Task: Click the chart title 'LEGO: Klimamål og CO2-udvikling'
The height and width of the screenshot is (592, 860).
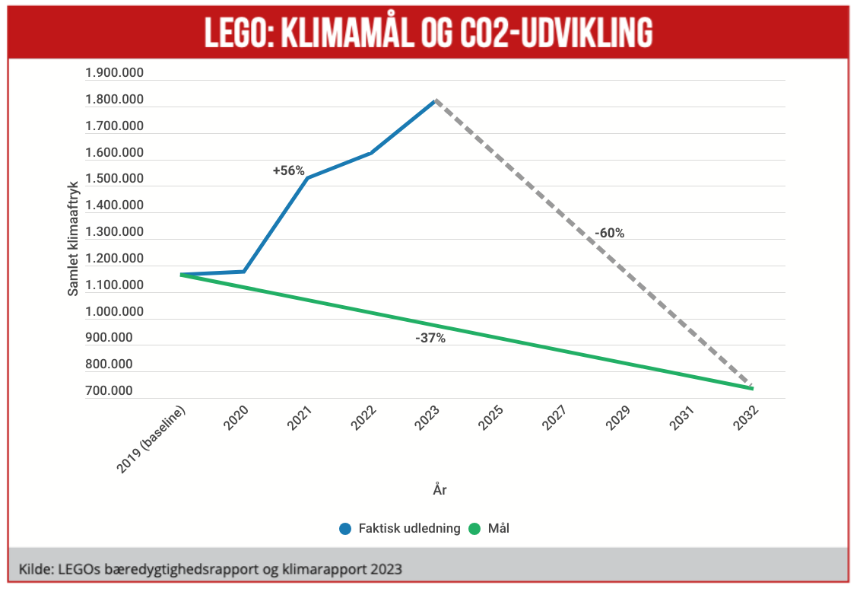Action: pos(429,31)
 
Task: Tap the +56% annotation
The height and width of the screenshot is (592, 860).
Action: pos(289,171)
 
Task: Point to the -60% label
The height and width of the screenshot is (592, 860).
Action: pos(609,233)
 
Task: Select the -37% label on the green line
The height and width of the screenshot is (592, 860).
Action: pos(430,338)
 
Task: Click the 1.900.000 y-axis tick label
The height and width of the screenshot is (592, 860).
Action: pos(114,73)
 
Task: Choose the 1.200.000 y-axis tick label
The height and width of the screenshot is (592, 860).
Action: pos(114,259)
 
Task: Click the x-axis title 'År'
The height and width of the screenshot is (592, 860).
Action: pos(440,489)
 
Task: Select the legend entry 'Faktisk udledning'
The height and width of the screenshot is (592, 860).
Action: pos(409,528)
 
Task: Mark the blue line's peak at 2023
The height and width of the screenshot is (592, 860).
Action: pos(434,100)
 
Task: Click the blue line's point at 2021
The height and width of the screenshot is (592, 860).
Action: pos(307,178)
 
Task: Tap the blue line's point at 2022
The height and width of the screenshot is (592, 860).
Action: pos(370,153)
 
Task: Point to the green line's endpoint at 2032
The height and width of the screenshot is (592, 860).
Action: pos(751,388)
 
